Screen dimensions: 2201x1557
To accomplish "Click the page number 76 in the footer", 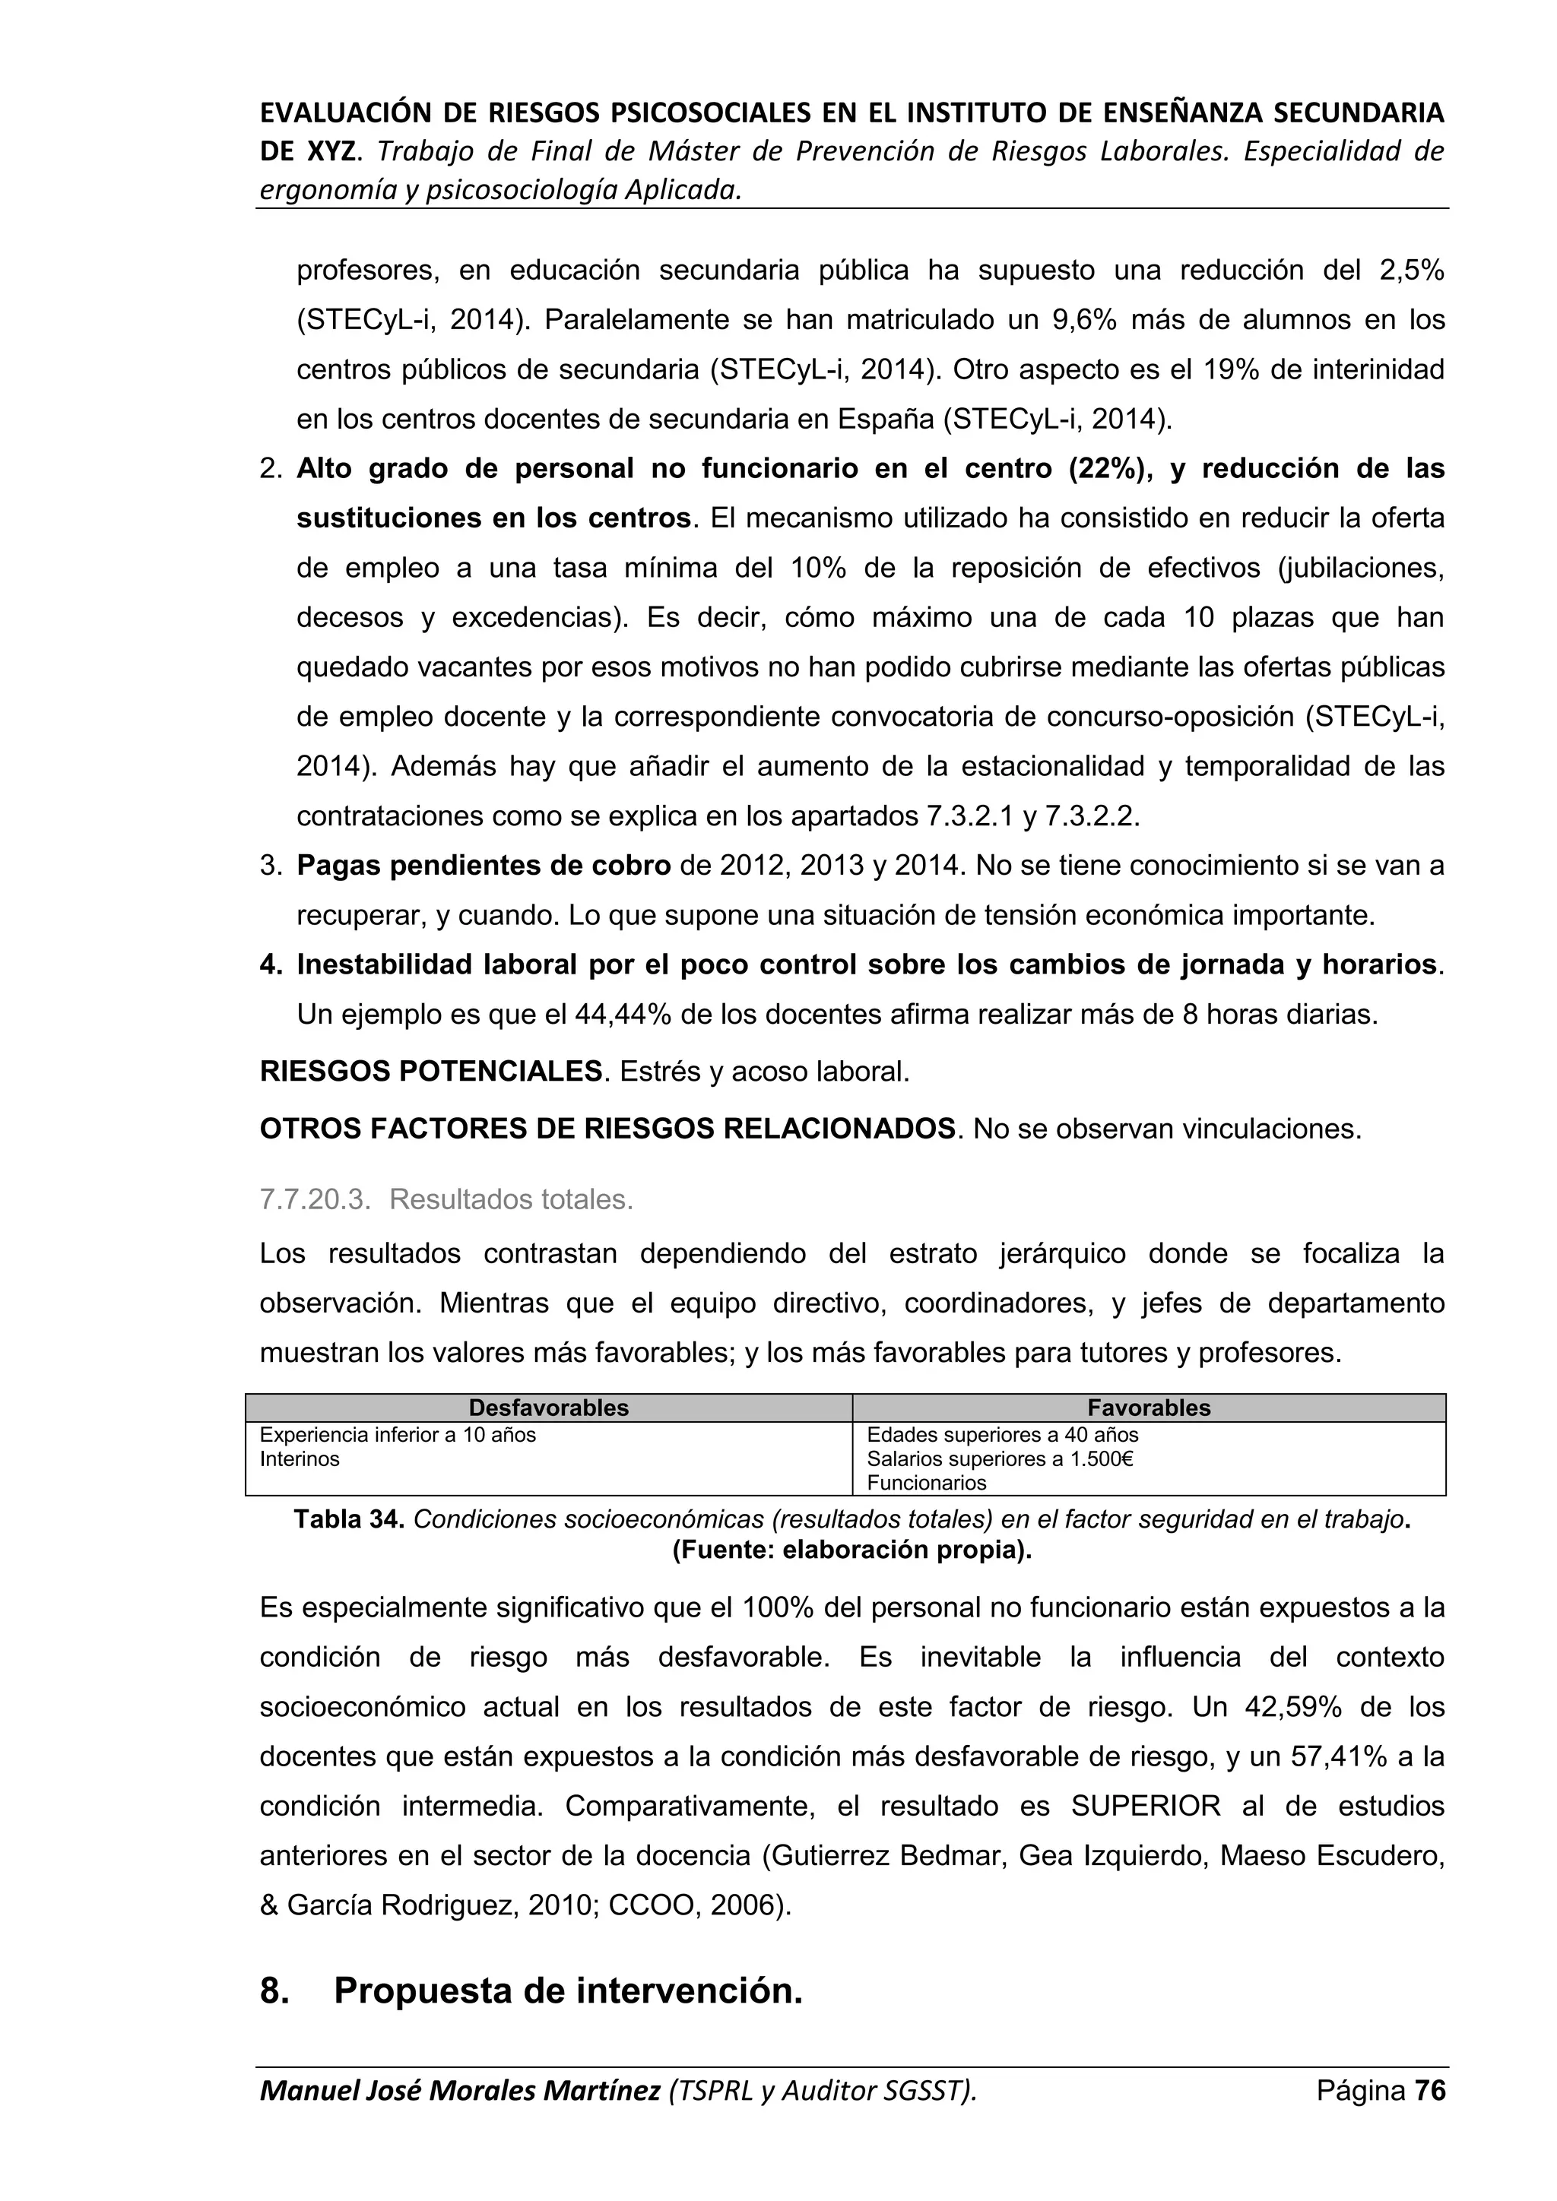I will (1431, 2091).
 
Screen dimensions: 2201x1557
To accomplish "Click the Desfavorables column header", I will (548, 1408).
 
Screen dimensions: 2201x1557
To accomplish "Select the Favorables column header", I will (1149, 1408).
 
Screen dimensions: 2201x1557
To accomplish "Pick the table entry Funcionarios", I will (926, 1483).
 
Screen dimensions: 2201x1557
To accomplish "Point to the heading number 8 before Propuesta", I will (274, 1991).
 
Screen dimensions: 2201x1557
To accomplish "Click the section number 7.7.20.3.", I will (315, 1199).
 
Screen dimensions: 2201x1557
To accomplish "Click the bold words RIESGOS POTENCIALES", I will (430, 1071).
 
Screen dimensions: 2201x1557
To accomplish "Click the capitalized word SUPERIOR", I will (1146, 1806).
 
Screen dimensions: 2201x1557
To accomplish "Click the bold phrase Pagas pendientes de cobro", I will (484, 866).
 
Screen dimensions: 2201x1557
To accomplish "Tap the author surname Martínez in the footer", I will (601, 2091).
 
